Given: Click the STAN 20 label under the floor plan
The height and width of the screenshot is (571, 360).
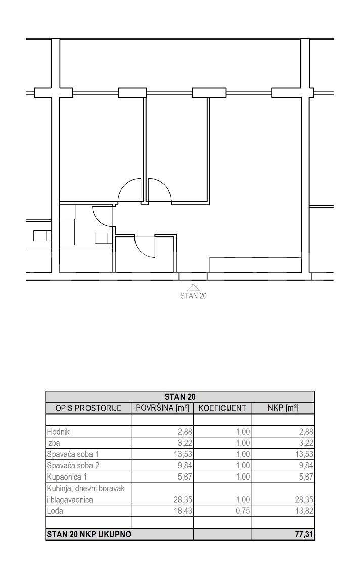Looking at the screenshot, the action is click(193, 295).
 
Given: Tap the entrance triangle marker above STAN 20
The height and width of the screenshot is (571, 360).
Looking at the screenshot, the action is click(194, 288).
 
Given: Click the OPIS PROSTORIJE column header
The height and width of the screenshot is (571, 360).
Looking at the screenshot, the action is click(88, 408).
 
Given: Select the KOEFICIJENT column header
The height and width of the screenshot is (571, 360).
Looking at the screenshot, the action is click(222, 408).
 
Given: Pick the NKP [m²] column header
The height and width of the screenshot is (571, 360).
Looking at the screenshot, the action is click(283, 408).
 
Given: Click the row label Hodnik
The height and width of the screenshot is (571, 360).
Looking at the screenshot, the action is click(58, 432).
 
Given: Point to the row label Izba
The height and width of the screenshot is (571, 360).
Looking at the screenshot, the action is click(53, 443).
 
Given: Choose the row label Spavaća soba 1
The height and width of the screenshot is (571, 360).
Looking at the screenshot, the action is click(73, 454).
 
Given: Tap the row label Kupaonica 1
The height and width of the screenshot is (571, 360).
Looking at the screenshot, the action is click(67, 477).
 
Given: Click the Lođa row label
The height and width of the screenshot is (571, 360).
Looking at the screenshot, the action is click(55, 511).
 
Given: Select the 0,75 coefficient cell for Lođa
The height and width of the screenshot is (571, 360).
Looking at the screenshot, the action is click(243, 511).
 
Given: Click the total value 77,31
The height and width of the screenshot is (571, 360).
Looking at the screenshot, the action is click(304, 535).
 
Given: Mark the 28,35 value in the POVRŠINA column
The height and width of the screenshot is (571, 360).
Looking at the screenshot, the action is click(183, 500).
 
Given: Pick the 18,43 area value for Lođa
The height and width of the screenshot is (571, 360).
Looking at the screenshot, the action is click(183, 511).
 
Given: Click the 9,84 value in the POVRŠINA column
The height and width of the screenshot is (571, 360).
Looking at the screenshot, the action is click(185, 465).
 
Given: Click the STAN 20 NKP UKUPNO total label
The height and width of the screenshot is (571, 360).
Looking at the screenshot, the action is click(89, 535).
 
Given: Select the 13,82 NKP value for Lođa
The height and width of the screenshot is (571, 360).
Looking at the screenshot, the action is click(304, 511).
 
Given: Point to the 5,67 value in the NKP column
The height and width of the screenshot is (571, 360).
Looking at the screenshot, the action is click(306, 477).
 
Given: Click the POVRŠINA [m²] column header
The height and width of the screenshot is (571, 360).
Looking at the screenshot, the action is click(162, 408).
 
